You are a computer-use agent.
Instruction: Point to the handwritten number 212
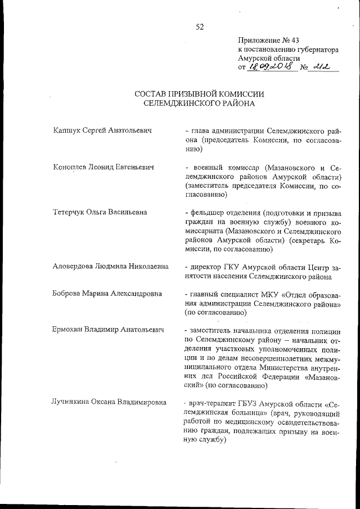tap(322, 67)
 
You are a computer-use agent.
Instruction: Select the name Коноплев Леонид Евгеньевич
tap(103, 168)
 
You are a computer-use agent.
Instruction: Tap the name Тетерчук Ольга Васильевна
tap(100, 213)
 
